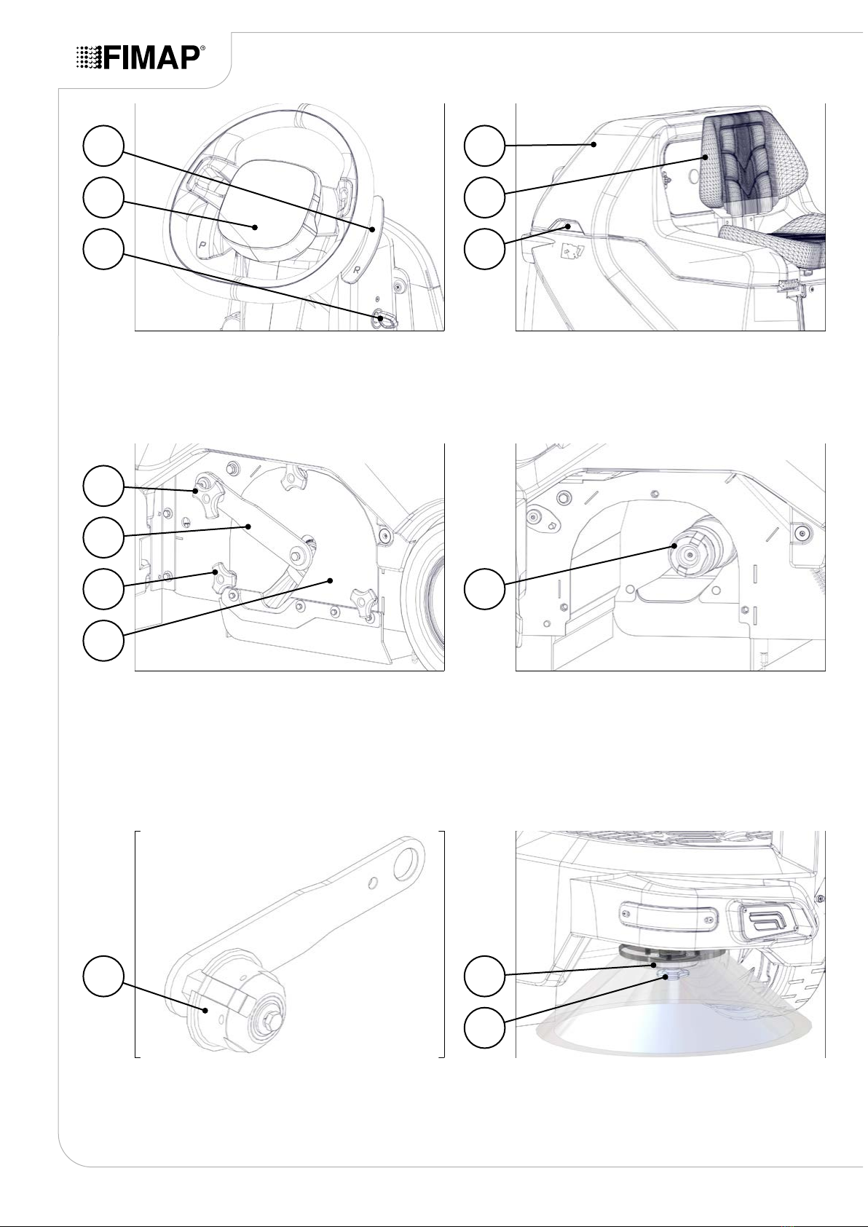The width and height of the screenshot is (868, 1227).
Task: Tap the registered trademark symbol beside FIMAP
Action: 203,49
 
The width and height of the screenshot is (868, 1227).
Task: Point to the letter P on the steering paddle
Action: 202,243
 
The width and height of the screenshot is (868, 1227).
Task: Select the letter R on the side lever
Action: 357,269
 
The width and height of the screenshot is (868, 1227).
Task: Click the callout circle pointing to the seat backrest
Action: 484,197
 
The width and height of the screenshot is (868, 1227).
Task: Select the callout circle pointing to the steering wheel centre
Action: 103,197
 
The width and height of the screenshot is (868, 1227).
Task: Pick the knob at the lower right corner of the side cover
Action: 366,600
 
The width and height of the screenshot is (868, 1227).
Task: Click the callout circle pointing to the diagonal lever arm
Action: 103,537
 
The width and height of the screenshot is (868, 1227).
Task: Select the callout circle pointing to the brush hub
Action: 484,588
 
